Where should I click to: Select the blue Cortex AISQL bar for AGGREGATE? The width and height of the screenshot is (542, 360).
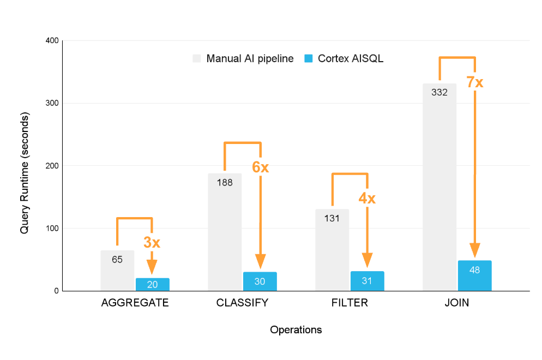tap(153, 285)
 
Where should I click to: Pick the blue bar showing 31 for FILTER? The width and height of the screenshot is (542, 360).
tap(368, 281)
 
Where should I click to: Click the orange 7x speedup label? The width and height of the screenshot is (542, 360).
tap(474, 82)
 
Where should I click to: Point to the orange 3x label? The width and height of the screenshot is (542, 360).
tap(152, 243)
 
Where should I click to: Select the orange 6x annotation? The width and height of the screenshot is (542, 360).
tap(260, 167)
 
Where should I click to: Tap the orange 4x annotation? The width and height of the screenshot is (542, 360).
tap(367, 198)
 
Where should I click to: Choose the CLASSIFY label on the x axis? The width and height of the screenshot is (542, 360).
tap(242, 303)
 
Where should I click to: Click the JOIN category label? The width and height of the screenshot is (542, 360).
tap(457, 303)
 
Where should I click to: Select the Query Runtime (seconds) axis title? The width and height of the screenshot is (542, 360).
tap(25, 173)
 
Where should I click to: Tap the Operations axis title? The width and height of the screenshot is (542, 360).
tap(296, 330)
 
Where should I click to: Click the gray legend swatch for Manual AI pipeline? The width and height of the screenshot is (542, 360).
tap(197, 58)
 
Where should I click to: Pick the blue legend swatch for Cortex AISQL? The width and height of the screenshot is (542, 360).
tap(308, 58)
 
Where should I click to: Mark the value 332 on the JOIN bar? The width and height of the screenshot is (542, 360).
tap(439, 93)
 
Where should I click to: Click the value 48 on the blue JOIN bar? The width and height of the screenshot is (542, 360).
tap(474, 269)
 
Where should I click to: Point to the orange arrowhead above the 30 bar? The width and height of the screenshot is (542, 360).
tap(260, 262)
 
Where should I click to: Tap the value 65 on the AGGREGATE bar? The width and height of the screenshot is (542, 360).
tap(117, 260)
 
